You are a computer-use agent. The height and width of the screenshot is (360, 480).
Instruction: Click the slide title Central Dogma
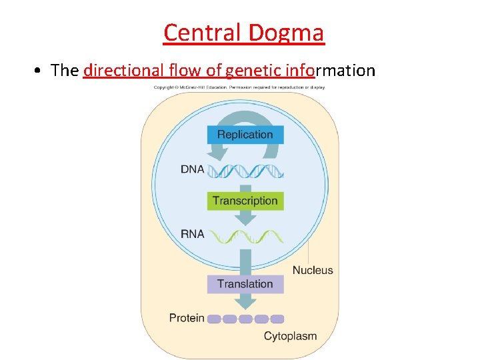(x=243, y=32)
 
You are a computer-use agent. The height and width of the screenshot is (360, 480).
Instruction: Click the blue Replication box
(x=245, y=134)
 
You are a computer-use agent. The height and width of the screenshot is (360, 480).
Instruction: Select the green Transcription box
(x=245, y=200)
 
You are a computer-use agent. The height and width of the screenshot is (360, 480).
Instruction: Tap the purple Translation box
(x=245, y=283)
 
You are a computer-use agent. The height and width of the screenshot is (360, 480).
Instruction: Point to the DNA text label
(x=192, y=169)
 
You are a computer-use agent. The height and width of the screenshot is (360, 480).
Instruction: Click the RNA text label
(x=192, y=234)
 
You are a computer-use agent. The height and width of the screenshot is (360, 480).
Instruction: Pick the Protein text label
(x=187, y=318)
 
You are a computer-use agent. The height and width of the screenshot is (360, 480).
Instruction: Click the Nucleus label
(x=313, y=270)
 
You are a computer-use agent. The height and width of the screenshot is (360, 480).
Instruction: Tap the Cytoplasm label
(x=290, y=336)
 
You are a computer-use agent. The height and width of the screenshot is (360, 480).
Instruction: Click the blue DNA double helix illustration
(x=245, y=171)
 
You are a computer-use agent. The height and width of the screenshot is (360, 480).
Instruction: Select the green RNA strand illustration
(x=245, y=236)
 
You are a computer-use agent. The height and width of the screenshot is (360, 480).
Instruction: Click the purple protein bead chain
(x=245, y=319)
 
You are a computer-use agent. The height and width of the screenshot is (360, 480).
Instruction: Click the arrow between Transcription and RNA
(x=245, y=219)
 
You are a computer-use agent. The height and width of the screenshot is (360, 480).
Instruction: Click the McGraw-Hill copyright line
(x=239, y=87)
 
